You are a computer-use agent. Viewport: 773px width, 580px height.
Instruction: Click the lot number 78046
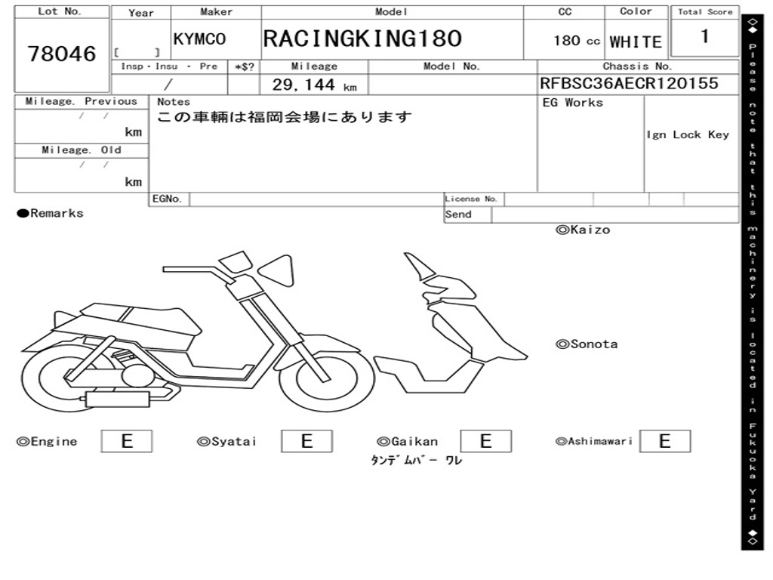(62, 54)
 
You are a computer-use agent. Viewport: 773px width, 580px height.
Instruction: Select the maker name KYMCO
(199, 40)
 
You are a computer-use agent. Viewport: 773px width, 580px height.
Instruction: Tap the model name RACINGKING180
(362, 39)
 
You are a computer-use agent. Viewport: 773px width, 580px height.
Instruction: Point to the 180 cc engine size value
(576, 41)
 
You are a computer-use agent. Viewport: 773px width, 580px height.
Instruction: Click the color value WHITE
(636, 42)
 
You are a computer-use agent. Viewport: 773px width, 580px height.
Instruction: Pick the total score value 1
(704, 36)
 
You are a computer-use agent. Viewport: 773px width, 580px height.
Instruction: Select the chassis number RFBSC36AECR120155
(629, 84)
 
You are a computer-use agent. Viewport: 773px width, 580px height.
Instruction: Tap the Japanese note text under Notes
(285, 117)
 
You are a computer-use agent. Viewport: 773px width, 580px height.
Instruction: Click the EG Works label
(573, 103)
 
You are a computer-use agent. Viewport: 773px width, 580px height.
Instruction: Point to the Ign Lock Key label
(688, 134)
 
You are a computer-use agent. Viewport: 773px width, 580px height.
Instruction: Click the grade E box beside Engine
(127, 441)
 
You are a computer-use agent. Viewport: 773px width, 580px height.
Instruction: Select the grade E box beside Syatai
(306, 441)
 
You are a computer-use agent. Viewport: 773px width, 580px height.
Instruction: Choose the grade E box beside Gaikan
(485, 441)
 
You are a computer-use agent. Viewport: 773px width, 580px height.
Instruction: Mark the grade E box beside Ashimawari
(664, 441)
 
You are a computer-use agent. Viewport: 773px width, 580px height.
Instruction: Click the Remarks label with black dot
(51, 214)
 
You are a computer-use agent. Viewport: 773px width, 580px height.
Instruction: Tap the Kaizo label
(583, 230)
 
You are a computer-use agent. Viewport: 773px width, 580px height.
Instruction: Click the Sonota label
(587, 344)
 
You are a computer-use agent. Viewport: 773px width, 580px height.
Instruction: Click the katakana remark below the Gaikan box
(416, 461)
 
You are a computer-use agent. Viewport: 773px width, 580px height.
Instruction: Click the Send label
(458, 214)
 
